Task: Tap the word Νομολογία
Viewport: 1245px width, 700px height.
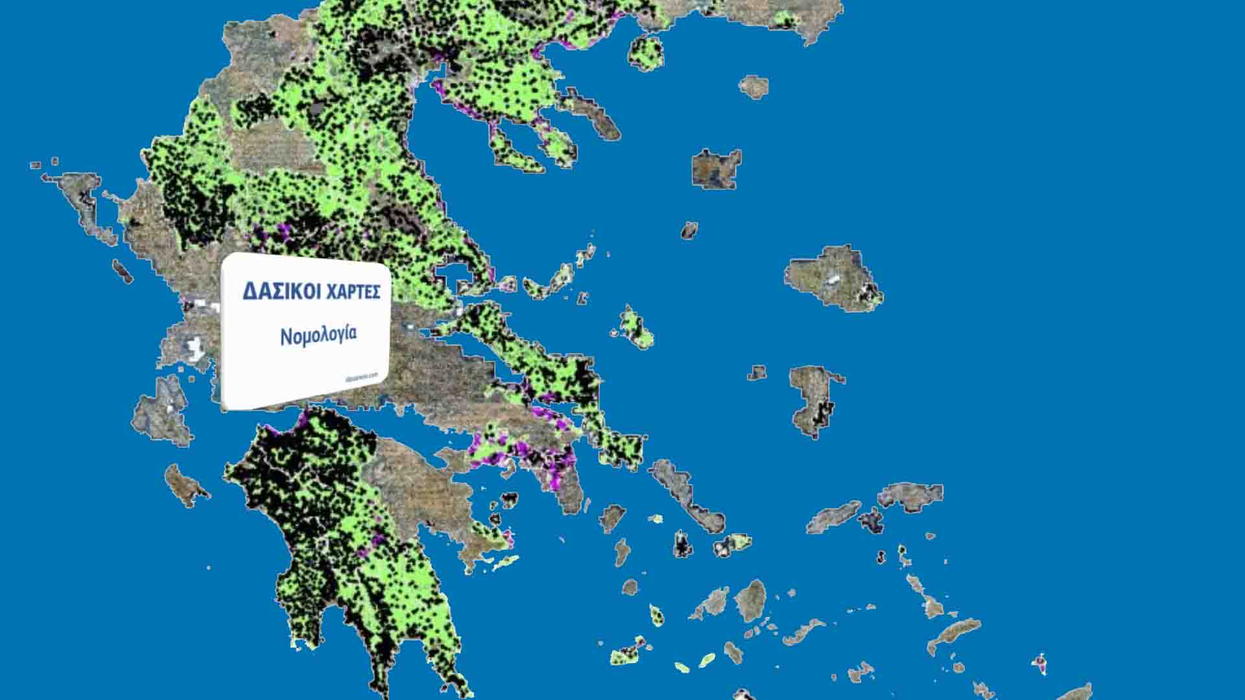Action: point(318,335)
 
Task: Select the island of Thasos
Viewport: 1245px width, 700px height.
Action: point(646,51)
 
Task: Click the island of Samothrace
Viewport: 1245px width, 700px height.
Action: point(753,86)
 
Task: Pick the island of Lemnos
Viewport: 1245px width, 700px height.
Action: point(716,169)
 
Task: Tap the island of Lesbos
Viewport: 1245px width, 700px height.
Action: point(833,277)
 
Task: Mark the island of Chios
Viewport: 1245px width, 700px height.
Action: point(814,401)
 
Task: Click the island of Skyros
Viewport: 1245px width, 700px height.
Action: point(635,327)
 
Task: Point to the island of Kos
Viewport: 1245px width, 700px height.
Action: point(953,632)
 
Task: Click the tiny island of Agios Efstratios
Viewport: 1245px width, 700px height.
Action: point(689,230)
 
